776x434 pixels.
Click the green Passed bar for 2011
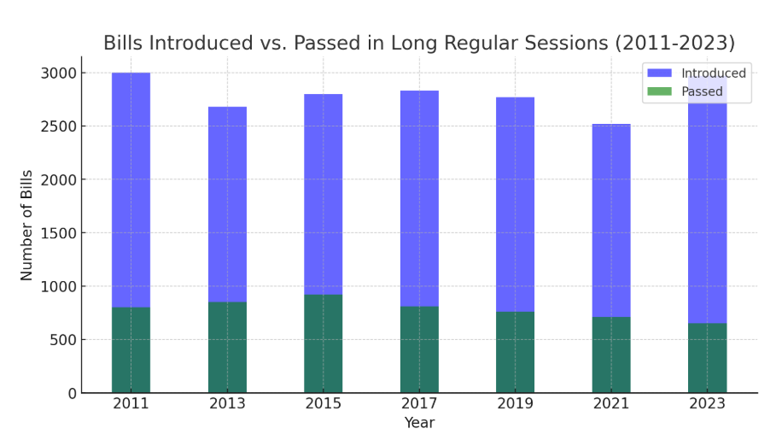coord(131,350)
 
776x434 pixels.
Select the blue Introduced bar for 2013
coord(227,204)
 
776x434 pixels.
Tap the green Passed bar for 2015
coord(323,343)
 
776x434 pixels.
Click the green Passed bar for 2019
coord(515,352)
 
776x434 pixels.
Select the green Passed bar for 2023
coord(707,358)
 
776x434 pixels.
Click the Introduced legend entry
coord(713,73)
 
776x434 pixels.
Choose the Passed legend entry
coord(702,91)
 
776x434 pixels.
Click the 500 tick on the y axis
coord(63,340)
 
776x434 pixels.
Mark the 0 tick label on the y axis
coord(72,393)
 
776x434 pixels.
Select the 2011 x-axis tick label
coord(131,404)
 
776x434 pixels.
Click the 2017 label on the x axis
coord(419,404)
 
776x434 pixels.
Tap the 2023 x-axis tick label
coord(707,404)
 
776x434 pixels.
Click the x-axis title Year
coord(419,423)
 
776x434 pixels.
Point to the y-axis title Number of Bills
coord(27,225)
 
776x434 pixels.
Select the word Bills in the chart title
coord(123,44)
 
